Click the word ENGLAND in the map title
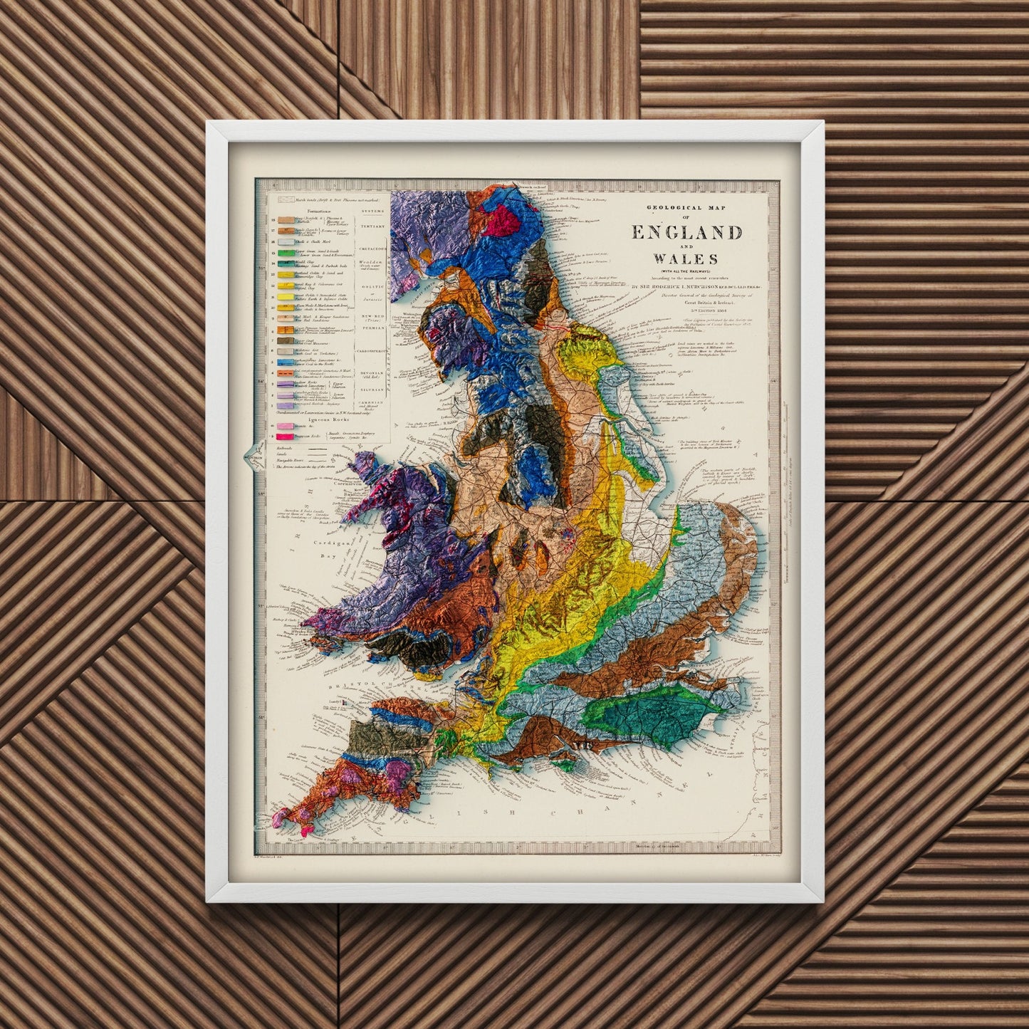click(x=686, y=233)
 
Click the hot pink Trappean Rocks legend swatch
click(x=286, y=434)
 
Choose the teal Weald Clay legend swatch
click(x=286, y=263)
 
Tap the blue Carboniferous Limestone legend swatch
click(x=286, y=362)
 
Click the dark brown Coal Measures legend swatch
click(x=286, y=343)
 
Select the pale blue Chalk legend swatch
click(x=286, y=242)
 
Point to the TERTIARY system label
click(x=372, y=226)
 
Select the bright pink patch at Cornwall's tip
click(x=307, y=830)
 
